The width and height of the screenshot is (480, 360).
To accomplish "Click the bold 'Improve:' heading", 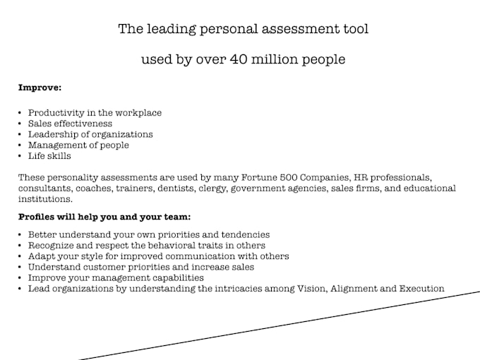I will tap(40, 88).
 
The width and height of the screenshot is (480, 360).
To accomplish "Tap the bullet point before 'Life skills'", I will tap(20, 156).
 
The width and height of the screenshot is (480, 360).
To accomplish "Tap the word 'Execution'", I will tap(420, 289).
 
